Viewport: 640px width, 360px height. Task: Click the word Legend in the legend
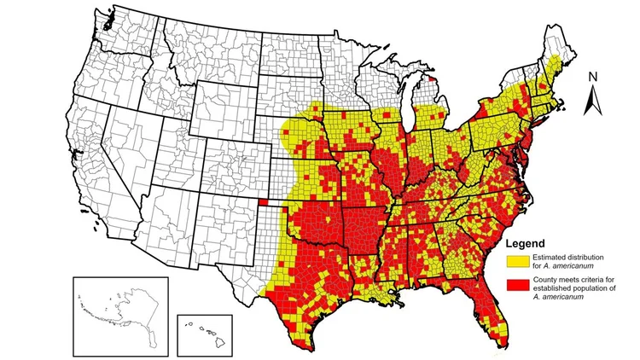pos(531,244)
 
